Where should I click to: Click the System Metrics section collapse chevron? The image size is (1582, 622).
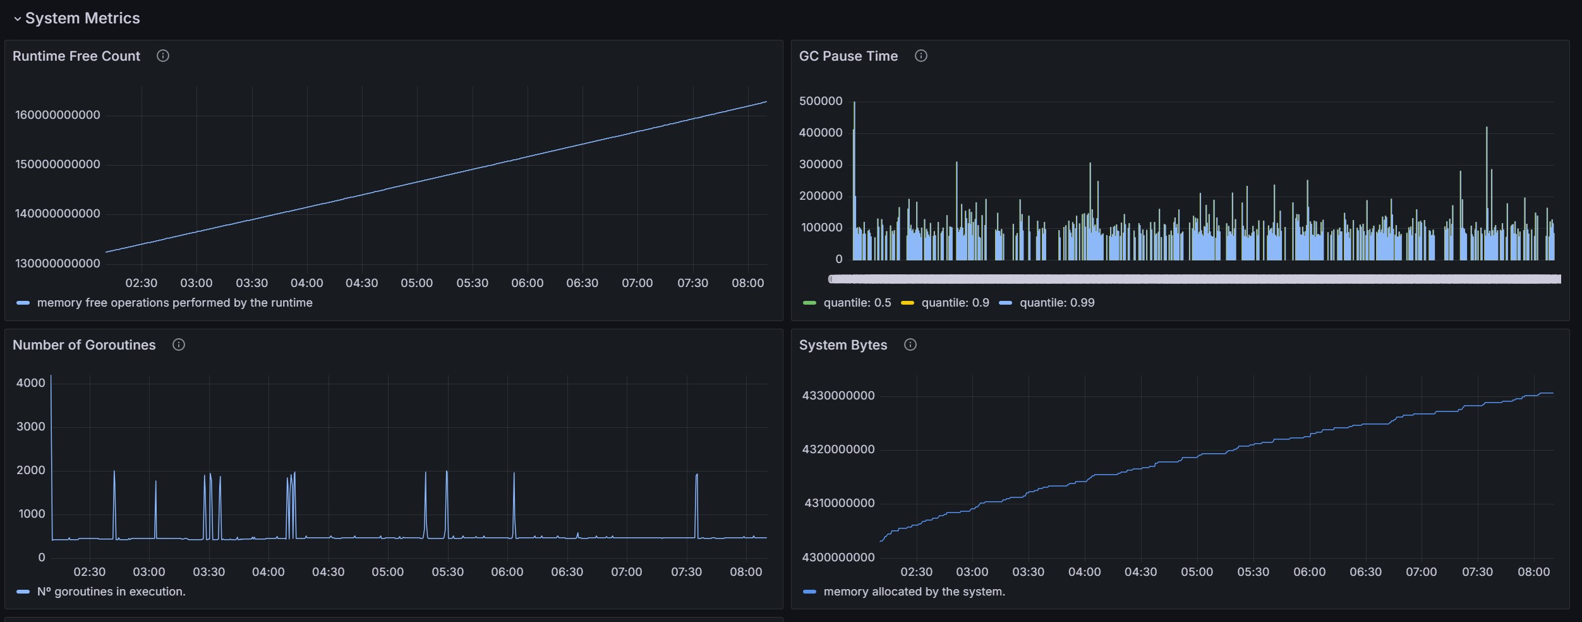[17, 19]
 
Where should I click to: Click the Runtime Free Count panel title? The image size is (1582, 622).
[76, 56]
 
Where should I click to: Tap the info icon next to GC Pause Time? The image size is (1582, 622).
[921, 56]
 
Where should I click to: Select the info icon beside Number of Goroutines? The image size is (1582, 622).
[179, 345]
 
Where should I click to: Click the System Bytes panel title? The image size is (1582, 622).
[843, 345]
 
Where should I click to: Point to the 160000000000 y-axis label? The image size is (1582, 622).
[57, 115]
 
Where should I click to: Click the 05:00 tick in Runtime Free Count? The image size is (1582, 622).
[417, 283]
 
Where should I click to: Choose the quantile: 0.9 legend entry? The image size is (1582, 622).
[945, 303]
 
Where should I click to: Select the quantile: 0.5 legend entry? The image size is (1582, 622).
[847, 303]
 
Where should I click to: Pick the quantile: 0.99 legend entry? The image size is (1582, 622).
[1047, 303]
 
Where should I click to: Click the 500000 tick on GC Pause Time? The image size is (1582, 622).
[821, 101]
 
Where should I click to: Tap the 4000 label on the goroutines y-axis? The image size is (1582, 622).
[31, 383]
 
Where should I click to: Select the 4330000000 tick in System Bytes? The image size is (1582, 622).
[838, 396]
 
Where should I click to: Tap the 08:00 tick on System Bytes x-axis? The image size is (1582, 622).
[1534, 572]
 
